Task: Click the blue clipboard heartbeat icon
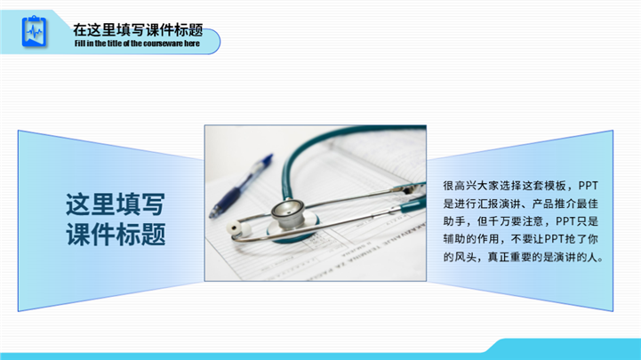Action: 34,31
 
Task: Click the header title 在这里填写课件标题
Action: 138,30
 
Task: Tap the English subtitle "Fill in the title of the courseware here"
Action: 137,44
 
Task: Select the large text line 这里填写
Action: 116,204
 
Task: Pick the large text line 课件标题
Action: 116,234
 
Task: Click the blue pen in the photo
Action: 240,186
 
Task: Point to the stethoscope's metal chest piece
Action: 288,213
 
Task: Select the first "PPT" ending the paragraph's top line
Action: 589,186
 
